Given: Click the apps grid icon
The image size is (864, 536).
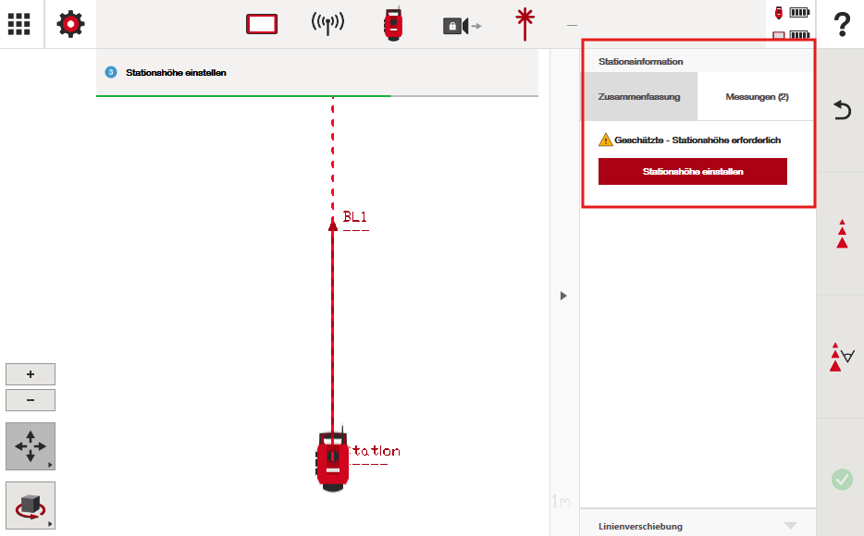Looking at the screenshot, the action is point(19,24).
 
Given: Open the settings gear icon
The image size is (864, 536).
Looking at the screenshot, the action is point(70,24).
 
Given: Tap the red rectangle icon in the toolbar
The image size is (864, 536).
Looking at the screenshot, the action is point(262,24).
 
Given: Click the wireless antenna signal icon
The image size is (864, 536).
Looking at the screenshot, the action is point(327,24).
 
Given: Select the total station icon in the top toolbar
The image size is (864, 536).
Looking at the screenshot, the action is point(393,24).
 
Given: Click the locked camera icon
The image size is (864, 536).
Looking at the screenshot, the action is point(463,26).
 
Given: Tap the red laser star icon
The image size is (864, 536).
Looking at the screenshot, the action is point(525,24).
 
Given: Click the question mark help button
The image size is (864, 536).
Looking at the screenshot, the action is point(842,25).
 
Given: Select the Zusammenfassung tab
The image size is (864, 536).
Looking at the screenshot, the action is point(639,97).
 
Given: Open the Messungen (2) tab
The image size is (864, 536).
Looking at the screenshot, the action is point(757,97).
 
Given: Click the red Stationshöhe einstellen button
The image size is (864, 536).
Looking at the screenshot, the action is point(693,172).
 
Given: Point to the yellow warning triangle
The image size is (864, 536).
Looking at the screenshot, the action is point(606,140).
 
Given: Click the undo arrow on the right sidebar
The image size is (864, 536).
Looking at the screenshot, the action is point(842,110).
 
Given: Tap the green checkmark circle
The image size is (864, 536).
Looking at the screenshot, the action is point(842,480).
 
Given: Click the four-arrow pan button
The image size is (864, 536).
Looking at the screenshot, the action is point(31,446).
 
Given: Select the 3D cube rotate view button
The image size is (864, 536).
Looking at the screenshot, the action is point(31,506).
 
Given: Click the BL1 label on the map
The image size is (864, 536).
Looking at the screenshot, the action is point(355,217).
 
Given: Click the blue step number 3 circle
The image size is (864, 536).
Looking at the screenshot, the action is point(111,73).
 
